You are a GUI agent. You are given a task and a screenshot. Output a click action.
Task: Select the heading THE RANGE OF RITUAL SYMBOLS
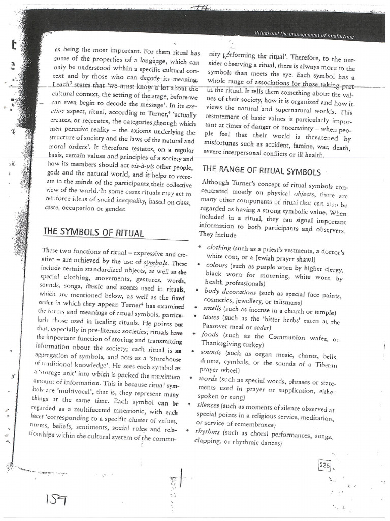(x=262, y=171)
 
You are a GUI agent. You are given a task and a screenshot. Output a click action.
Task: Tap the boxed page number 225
(x=324, y=464)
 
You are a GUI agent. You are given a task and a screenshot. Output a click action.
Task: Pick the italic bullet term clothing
(x=219, y=247)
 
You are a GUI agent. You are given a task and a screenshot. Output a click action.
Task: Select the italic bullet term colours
(x=217, y=265)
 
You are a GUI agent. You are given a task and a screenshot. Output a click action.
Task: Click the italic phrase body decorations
(x=230, y=292)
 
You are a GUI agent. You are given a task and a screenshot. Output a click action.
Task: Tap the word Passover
(x=217, y=326)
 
